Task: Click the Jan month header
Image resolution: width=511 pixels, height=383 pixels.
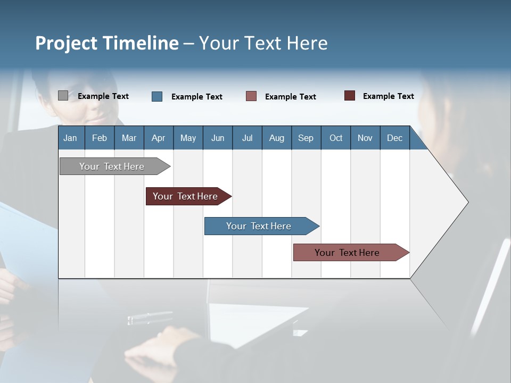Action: click(70, 138)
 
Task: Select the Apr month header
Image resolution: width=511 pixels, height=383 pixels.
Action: click(158, 138)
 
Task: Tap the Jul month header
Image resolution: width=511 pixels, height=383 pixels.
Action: click(247, 138)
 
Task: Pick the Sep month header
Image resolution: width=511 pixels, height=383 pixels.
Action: click(306, 138)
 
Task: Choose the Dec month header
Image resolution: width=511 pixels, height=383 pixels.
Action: click(394, 138)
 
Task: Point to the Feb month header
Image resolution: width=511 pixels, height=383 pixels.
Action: click(100, 138)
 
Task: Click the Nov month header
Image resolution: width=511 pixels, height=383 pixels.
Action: click(365, 138)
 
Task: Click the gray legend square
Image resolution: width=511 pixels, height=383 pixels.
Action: click(63, 96)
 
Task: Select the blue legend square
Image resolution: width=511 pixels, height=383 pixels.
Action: click(157, 96)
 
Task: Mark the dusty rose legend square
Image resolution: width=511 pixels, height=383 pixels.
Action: click(251, 96)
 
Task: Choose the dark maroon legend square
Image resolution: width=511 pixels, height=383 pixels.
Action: click(350, 96)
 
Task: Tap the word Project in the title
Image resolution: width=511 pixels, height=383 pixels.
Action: click(66, 43)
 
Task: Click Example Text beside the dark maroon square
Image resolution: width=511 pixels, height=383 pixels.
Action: click(388, 96)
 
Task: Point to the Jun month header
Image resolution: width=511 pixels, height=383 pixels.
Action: click(218, 138)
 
